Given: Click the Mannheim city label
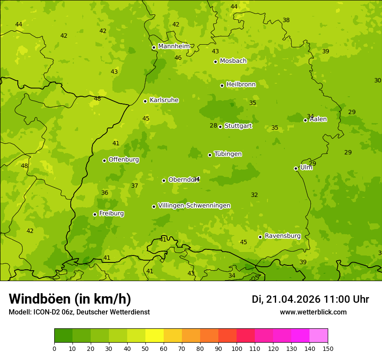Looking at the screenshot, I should pyautogui.click(x=174, y=46).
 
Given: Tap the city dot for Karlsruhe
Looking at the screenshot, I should pyautogui.click(x=145, y=101).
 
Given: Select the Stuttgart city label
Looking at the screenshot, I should pyautogui.click(x=238, y=126).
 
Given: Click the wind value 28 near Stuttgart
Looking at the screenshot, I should pyautogui.click(x=213, y=125).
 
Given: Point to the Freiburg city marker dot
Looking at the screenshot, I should pyautogui.click(x=95, y=214).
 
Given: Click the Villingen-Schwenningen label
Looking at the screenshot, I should pyautogui.click(x=194, y=206).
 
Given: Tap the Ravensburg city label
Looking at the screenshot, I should pyautogui.click(x=283, y=236).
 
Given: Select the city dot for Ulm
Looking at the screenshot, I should pyautogui.click(x=296, y=168).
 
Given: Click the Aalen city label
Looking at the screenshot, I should pyautogui.click(x=318, y=119).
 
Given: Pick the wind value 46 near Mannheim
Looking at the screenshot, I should pyautogui.click(x=178, y=58).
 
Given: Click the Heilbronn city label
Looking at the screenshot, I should pyautogui.click(x=241, y=85).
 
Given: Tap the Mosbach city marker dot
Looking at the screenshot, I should pyautogui.click(x=215, y=62).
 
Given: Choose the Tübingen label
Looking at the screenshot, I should pyautogui.click(x=228, y=154).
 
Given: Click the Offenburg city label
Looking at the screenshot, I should pyautogui.click(x=124, y=160).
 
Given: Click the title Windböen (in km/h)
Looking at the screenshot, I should pyautogui.click(x=70, y=299).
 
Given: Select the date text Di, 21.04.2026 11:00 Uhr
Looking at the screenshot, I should pyautogui.click(x=310, y=299).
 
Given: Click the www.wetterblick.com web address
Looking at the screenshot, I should pyautogui.click(x=313, y=312).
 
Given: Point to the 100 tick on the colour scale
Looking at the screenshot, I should pyautogui.click(x=237, y=348).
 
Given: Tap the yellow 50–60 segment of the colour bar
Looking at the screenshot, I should pyautogui.click(x=155, y=336).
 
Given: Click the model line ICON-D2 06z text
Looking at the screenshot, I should pyautogui.click(x=79, y=312).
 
